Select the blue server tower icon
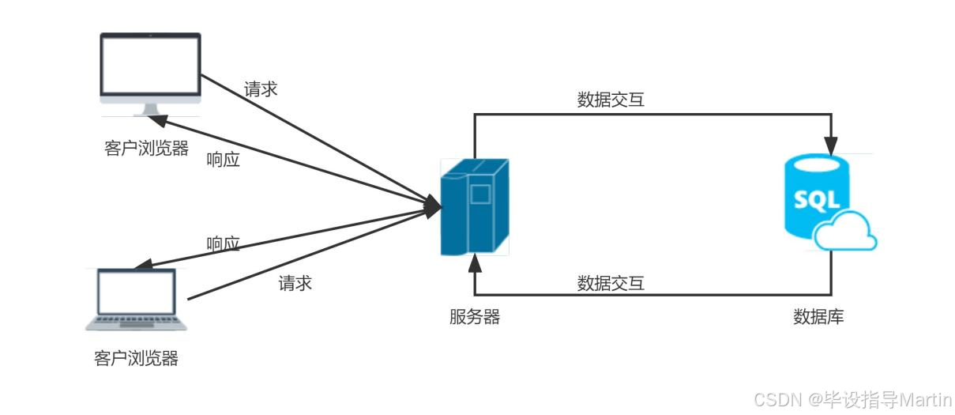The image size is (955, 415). pyautogui.click(x=474, y=206)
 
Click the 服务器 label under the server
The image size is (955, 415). pyautogui.click(x=475, y=318)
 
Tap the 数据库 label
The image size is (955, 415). pyautogui.click(x=818, y=318)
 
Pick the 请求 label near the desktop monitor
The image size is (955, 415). pyautogui.click(x=261, y=89)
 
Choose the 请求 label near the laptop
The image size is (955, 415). pyautogui.click(x=295, y=283)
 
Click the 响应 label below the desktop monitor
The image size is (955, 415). pyautogui.click(x=223, y=160)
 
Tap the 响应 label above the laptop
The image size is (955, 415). pyautogui.click(x=223, y=243)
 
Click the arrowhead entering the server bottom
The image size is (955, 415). pyautogui.click(x=475, y=263)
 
